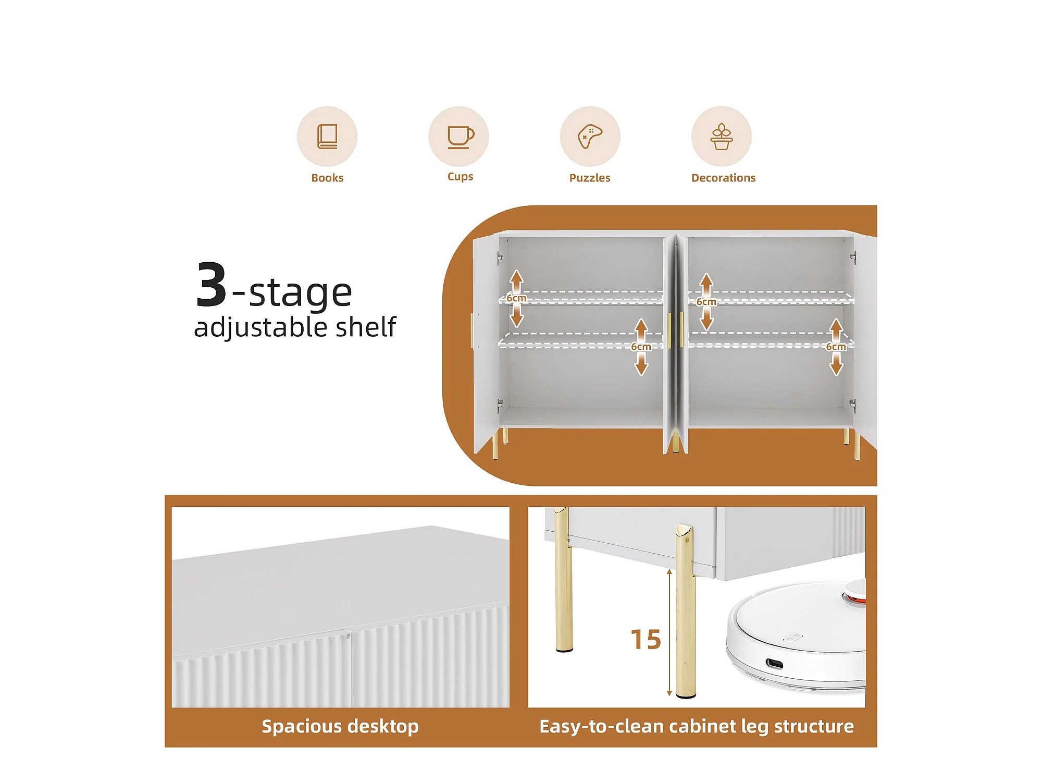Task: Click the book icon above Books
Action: click(327, 137)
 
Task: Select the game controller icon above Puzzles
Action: click(590, 136)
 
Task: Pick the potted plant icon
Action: click(722, 137)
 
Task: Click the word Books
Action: click(327, 178)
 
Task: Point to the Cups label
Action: click(460, 177)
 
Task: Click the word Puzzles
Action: click(590, 178)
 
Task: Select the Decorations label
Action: click(723, 178)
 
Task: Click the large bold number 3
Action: click(211, 285)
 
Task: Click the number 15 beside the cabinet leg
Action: click(646, 639)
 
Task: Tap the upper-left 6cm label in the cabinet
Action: click(516, 298)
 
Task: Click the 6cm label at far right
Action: click(836, 347)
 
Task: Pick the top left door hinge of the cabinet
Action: click(499, 258)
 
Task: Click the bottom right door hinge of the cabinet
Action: click(852, 405)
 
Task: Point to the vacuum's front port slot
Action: click(774, 664)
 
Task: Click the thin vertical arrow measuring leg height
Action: click(669, 633)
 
